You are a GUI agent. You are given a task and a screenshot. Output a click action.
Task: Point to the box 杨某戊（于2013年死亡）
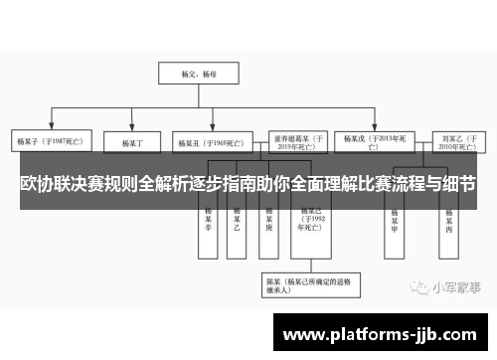click(x=373, y=140)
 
